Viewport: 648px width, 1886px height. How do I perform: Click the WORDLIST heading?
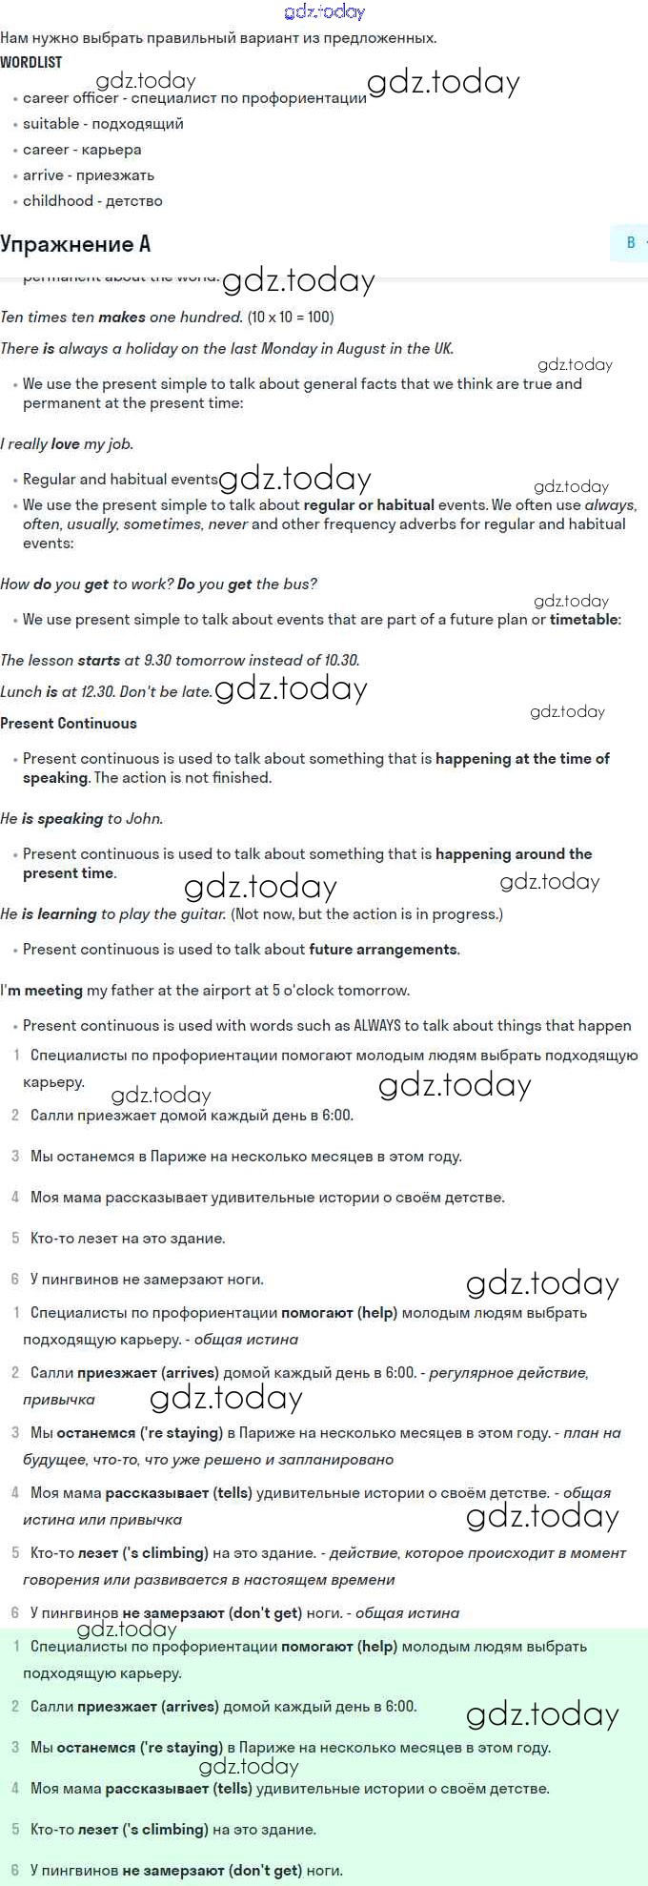[x=31, y=62]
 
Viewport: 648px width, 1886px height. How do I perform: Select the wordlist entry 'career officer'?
[x=71, y=98]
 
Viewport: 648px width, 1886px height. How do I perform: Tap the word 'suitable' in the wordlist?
[x=51, y=124]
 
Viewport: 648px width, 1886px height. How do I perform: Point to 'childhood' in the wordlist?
[x=58, y=201]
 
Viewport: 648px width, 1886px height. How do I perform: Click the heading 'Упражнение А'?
[x=75, y=244]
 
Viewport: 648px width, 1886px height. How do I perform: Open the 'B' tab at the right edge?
[x=631, y=243]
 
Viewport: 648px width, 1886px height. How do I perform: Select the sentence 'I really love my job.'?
[x=67, y=444]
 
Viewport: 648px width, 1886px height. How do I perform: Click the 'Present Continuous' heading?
[x=69, y=724]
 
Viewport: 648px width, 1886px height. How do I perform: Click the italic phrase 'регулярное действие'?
[x=508, y=1373]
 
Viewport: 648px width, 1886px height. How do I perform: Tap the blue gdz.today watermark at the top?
[x=325, y=11]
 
